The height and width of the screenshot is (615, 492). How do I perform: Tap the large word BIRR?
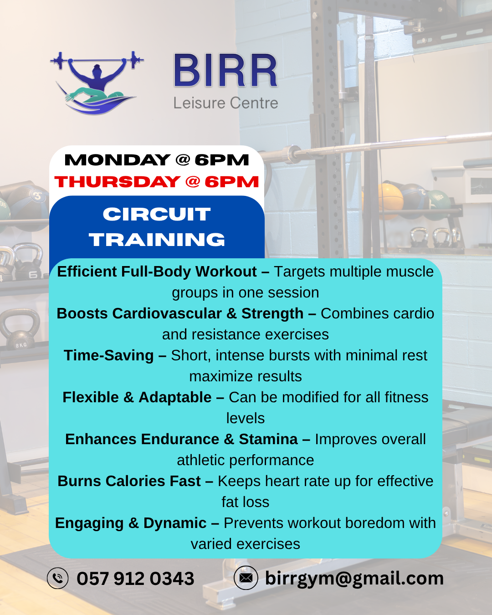click(x=225, y=71)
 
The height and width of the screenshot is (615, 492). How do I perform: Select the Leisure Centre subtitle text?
click(x=225, y=103)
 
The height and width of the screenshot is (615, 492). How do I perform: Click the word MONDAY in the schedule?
click(x=118, y=160)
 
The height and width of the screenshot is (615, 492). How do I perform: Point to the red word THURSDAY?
click(x=118, y=182)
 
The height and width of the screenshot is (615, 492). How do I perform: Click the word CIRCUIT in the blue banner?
click(x=157, y=214)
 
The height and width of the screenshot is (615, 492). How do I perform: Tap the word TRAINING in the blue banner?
click(x=157, y=240)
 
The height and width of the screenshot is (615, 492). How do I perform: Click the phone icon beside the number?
click(x=58, y=578)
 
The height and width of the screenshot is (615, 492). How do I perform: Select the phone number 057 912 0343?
click(x=135, y=579)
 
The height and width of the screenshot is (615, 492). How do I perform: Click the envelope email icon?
click(x=246, y=578)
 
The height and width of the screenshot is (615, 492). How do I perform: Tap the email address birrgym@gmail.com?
click(x=354, y=578)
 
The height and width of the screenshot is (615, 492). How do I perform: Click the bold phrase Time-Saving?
click(x=109, y=355)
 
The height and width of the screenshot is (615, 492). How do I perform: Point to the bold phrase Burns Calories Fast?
click(x=129, y=481)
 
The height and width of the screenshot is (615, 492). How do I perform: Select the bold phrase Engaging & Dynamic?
click(x=131, y=523)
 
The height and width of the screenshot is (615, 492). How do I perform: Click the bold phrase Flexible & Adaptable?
click(x=137, y=397)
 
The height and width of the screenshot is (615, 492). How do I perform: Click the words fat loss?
click(x=246, y=502)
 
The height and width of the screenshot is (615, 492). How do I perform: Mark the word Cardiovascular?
click(x=167, y=313)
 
